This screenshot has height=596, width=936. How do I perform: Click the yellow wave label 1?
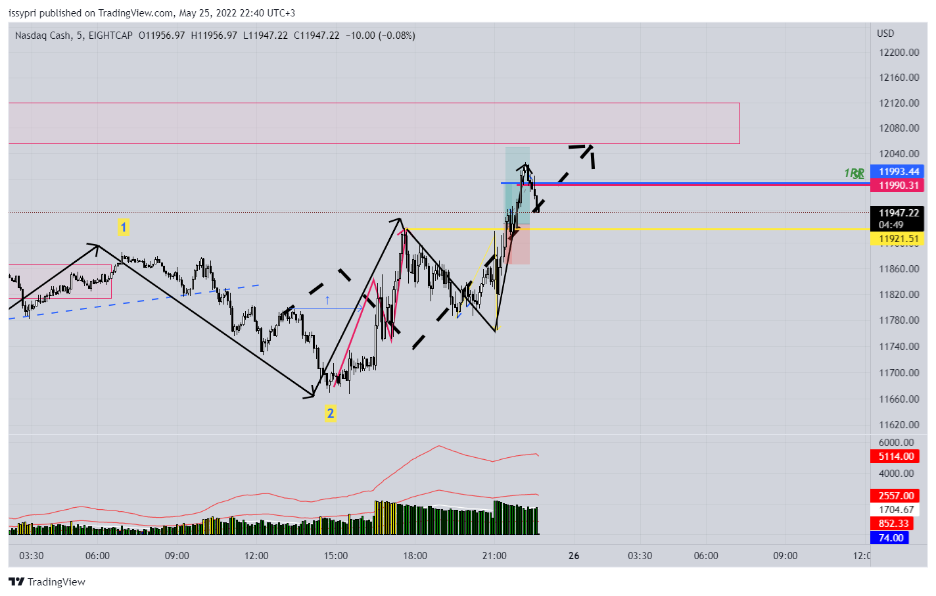coord(123,228)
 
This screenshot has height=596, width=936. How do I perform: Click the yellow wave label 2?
coord(330,413)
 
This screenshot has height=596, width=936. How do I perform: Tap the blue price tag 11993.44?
coord(898,172)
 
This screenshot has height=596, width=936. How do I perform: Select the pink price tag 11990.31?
coord(898,186)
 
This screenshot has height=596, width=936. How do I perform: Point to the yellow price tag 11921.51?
coord(898,239)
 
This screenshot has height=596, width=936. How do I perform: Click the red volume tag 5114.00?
coord(896,457)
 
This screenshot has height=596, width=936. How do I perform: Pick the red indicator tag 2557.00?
coord(896,496)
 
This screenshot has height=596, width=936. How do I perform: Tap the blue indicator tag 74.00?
coord(891,538)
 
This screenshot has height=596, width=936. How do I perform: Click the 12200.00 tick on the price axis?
coord(899,53)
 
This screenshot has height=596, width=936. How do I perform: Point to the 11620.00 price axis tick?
coord(899,425)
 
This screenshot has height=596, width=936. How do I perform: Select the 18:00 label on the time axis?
coord(415,556)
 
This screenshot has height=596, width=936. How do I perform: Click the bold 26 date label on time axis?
coord(574,556)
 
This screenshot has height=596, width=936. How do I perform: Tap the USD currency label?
coord(885,34)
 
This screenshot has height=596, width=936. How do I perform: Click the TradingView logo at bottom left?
coord(47,582)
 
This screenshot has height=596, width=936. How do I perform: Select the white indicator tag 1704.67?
coord(896,510)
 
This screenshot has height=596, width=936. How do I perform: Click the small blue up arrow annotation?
coord(327,300)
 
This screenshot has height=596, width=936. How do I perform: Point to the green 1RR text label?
coord(854,174)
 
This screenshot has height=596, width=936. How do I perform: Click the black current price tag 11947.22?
coord(898,213)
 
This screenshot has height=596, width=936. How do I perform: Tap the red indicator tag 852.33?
coord(893,524)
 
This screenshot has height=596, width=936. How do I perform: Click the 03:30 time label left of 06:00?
coord(32,556)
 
